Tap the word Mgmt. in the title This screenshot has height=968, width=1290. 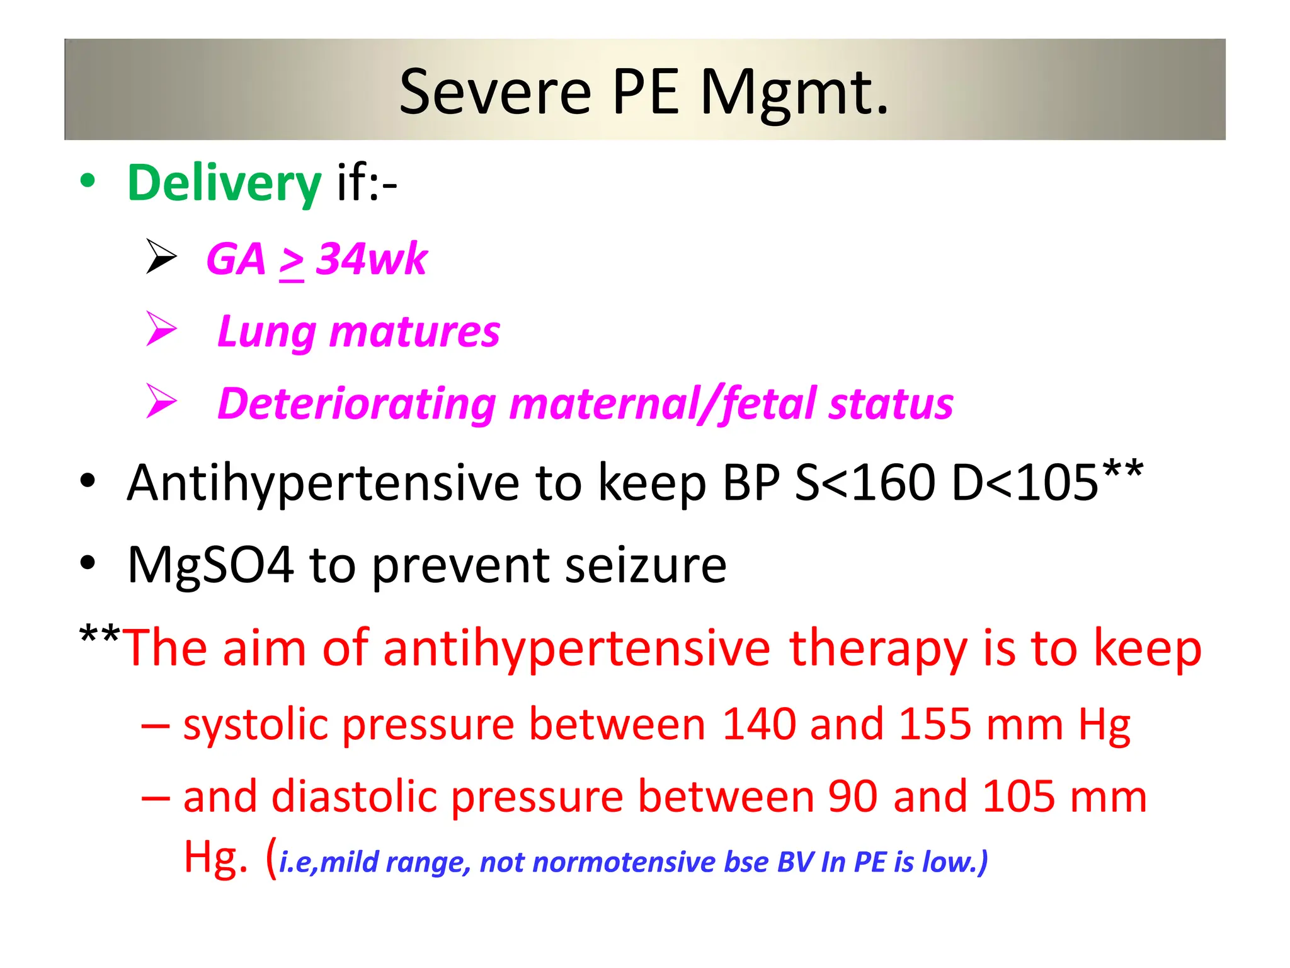tap(794, 93)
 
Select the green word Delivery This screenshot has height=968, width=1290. tap(224, 183)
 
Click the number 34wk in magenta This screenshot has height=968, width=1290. tap(372, 259)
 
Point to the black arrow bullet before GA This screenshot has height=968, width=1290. tap(161, 256)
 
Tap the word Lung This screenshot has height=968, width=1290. tap(265, 332)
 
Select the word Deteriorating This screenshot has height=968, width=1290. tap(357, 404)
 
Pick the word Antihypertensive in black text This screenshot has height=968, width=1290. tap(323, 483)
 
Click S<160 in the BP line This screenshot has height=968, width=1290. tap(865, 483)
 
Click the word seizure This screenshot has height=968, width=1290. tap(646, 565)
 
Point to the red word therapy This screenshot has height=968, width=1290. tap(877, 648)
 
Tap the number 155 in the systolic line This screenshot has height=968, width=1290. tap(935, 724)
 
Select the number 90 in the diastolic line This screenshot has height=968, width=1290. tap(852, 797)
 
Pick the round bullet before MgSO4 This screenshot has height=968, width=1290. tap(88, 562)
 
